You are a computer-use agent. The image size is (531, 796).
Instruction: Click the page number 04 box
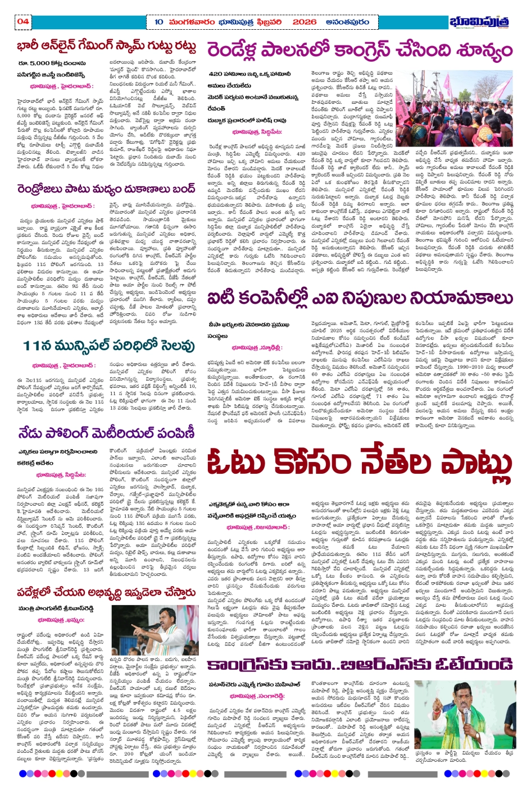click(x=23, y=21)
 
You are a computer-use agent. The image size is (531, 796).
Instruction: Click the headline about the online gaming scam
click(x=106, y=46)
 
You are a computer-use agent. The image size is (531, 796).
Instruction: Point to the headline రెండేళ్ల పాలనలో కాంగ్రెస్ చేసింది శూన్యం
click(x=360, y=50)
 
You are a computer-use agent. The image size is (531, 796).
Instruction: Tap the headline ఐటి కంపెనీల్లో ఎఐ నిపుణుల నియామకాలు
click(x=360, y=298)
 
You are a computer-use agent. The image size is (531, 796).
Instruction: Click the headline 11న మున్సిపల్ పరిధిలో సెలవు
click(x=109, y=345)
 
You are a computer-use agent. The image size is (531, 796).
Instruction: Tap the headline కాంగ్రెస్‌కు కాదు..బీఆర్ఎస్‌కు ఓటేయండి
click(x=360, y=665)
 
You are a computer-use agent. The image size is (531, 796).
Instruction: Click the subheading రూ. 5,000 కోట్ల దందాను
click(x=51, y=63)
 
